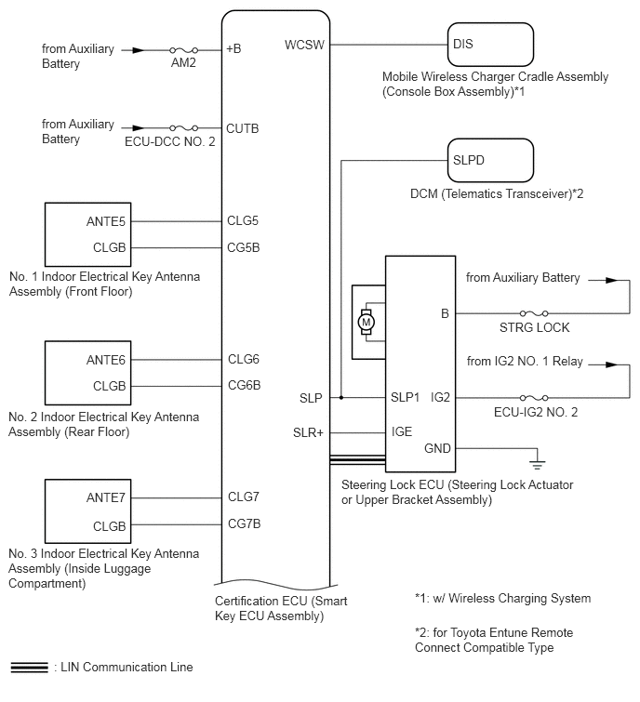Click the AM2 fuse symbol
tap(183, 50)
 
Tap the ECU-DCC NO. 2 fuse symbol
tap(183, 128)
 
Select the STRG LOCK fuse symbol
tap(534, 313)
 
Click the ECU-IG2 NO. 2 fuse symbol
tap(534, 398)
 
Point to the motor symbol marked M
tap(367, 322)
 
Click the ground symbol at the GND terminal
tap(537, 464)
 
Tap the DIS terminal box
tap(490, 45)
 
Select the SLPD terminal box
tap(490, 160)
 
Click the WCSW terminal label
tap(304, 45)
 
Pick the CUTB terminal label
tap(242, 128)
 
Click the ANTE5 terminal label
tap(106, 221)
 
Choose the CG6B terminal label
tap(244, 385)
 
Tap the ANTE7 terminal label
tap(106, 497)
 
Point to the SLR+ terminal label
tap(308, 433)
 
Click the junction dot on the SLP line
tap(341, 398)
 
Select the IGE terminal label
tap(402, 431)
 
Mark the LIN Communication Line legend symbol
tap(29, 667)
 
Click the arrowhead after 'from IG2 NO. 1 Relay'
tap(611, 364)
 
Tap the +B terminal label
tap(233, 48)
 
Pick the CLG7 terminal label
tap(244, 497)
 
